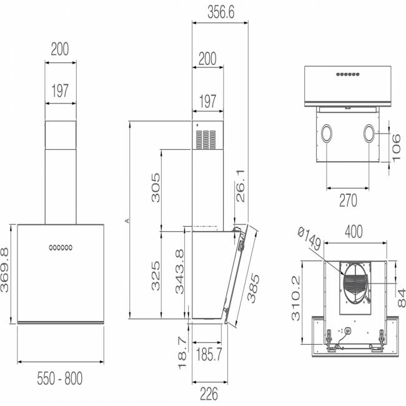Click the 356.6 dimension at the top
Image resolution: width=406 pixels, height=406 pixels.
221,12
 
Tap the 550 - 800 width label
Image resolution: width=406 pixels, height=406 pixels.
60,379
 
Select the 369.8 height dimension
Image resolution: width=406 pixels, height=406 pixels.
5,270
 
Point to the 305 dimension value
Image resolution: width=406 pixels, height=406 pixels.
156,188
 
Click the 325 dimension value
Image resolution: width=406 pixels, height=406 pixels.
156,275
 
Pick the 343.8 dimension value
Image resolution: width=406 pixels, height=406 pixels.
179,272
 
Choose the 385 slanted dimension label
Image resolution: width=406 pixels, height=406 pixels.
253,288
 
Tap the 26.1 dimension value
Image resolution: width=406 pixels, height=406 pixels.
240,186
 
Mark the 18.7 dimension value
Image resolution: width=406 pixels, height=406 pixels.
182,353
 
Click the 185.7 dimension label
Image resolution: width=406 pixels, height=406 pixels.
209,354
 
